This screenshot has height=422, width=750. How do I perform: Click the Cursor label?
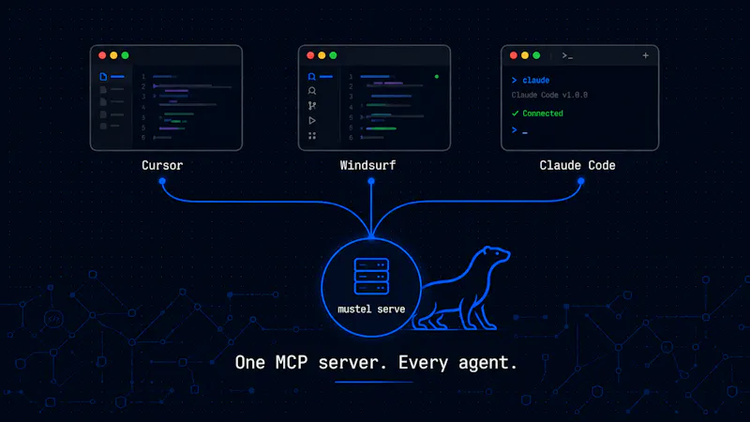coord(162,166)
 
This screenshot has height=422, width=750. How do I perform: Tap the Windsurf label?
coord(367,166)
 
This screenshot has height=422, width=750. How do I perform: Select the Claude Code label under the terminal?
coord(577,166)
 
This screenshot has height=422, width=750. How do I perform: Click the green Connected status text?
coord(543,113)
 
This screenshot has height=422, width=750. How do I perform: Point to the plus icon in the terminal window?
coord(645,55)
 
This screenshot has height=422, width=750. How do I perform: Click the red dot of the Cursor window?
coord(102,55)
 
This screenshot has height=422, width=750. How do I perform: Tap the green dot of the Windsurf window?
coord(333,55)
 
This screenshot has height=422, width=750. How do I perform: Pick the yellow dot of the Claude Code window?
coord(525,55)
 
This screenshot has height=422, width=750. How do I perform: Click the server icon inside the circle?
coord(371,276)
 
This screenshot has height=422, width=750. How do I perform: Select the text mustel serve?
coord(371,309)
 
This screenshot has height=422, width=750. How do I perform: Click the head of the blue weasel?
coord(496,254)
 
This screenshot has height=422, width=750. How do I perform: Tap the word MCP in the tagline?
coord(292,363)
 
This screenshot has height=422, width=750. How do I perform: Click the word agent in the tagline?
coord(485,364)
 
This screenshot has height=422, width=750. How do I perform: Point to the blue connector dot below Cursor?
coord(162,181)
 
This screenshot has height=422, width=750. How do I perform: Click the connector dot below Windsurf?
coord(371,181)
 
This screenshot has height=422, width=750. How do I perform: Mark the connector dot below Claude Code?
coord(580,181)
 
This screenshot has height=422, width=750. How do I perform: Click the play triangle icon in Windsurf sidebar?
coord(312,121)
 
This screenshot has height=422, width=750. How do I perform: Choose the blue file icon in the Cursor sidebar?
coord(103,77)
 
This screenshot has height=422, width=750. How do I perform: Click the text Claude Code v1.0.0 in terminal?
coord(549,96)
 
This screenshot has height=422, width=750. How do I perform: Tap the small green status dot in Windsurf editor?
coord(437,77)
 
